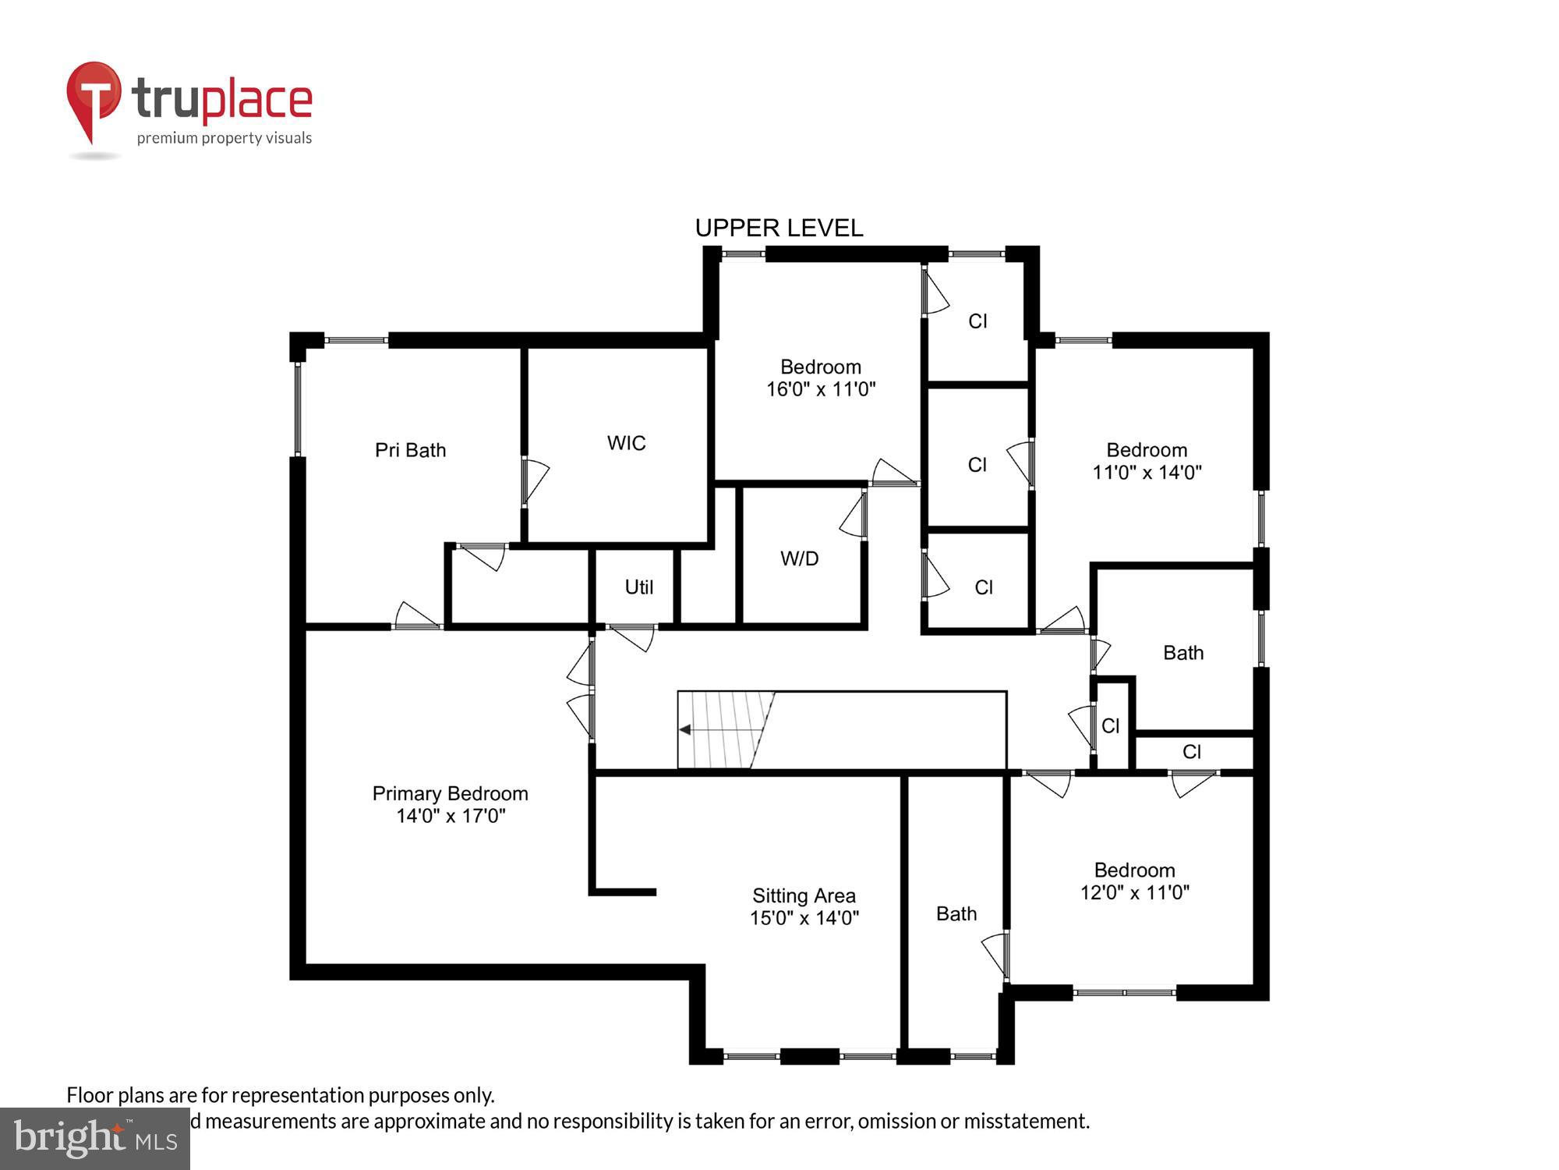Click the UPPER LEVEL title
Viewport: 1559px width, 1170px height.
coord(779,228)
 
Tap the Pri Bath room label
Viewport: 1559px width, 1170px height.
coord(410,450)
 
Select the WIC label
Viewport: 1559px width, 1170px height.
coord(626,443)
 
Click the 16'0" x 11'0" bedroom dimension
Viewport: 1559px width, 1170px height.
coord(821,389)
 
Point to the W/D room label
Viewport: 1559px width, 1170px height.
coord(799,558)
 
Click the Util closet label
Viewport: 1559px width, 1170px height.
coord(638,587)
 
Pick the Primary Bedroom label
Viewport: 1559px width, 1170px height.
coord(450,793)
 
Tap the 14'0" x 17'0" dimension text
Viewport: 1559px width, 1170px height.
coord(451,816)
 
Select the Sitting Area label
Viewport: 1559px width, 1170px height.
coord(804,895)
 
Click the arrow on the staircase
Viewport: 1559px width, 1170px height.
coord(686,730)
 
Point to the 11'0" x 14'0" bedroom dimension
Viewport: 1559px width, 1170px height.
coord(1147,472)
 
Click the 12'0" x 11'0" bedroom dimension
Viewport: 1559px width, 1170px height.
coord(1134,892)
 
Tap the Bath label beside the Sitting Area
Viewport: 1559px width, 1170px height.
coord(956,913)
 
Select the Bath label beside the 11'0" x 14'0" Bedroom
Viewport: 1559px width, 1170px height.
coord(1183,653)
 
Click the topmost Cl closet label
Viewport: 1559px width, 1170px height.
coord(977,321)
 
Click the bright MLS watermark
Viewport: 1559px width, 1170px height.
coord(94,1139)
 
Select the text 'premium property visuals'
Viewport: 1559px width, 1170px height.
coord(224,138)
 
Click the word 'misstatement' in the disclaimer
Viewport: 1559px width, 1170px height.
coord(1025,1121)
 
